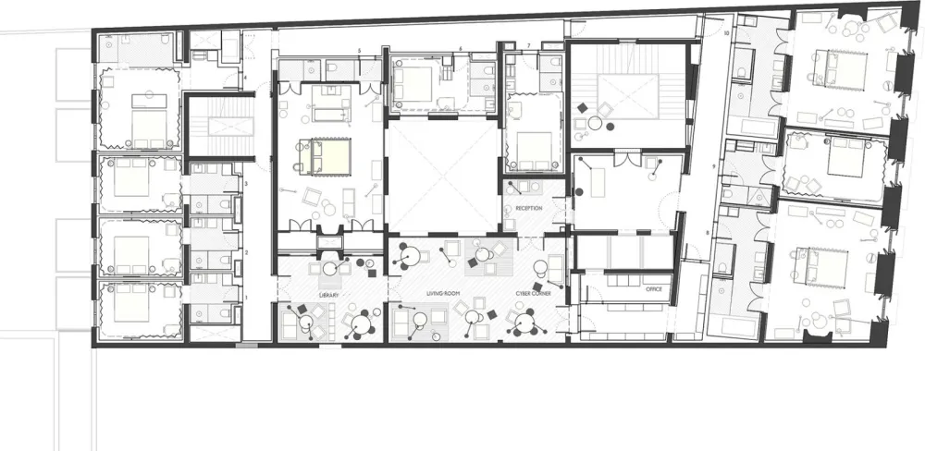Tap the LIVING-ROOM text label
click(x=443, y=294)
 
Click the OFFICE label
click(x=654, y=289)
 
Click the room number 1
click(x=247, y=296)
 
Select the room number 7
click(x=528, y=45)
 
